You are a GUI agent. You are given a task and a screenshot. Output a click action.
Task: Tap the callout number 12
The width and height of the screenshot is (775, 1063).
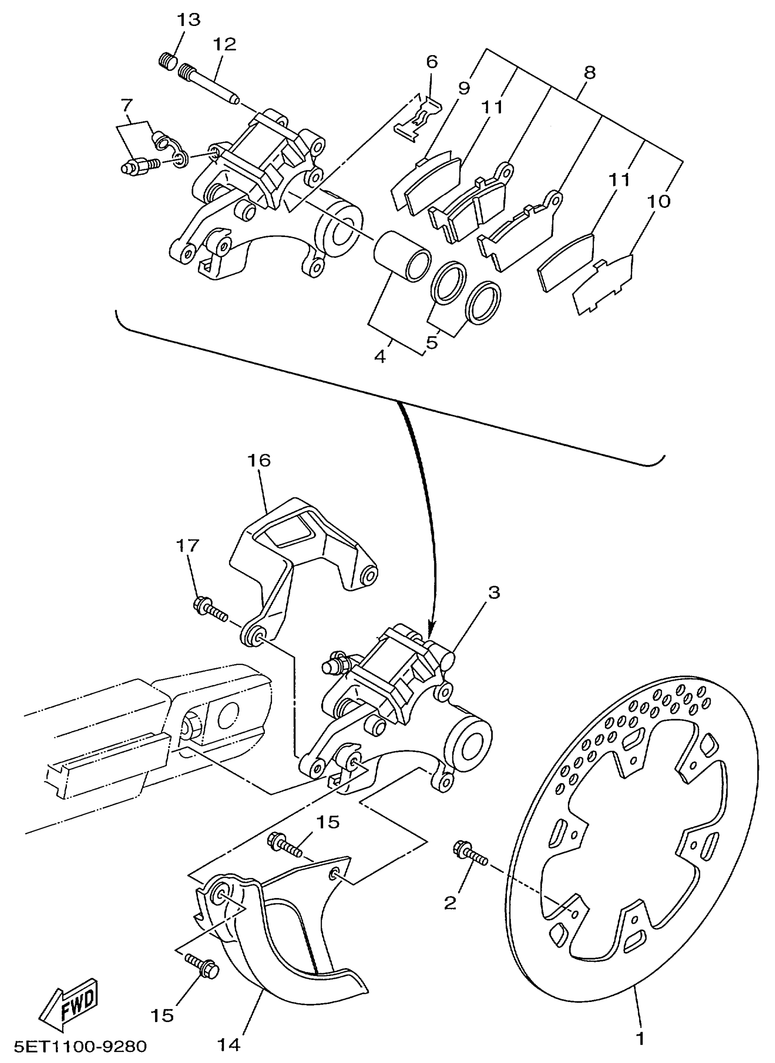(224, 45)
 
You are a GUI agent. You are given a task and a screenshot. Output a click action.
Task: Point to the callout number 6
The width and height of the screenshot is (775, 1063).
(432, 62)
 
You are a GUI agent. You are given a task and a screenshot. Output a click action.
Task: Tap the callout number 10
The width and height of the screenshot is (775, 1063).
(658, 202)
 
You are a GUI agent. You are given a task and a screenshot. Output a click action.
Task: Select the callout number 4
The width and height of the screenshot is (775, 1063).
(380, 356)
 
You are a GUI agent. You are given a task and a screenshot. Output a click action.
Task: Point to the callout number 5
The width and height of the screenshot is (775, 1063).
(432, 342)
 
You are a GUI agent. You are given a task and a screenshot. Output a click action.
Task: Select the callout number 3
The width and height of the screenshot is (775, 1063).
(494, 593)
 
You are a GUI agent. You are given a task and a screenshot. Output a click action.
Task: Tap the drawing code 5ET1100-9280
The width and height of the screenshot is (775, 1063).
(80, 1046)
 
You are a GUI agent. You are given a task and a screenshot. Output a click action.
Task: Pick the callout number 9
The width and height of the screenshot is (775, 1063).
(464, 88)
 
